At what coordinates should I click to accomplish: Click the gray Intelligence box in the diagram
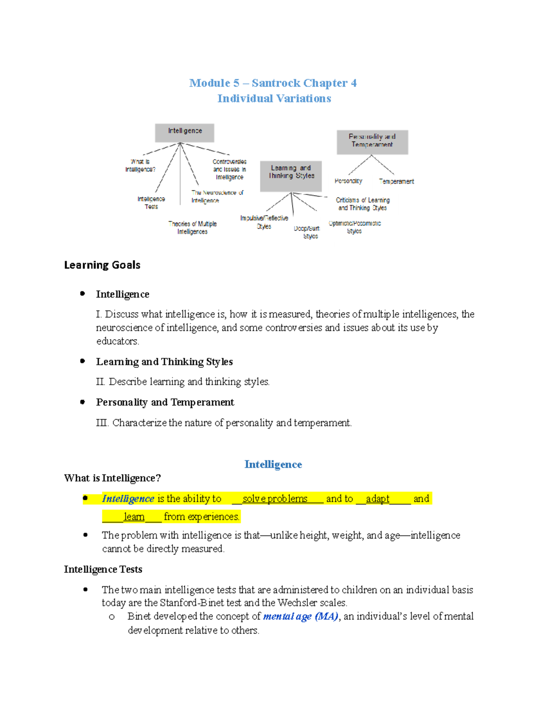point(184,132)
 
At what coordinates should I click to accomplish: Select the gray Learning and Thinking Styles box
point(291,176)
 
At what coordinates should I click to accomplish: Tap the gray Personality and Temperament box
point(372,142)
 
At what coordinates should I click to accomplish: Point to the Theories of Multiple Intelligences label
point(192,228)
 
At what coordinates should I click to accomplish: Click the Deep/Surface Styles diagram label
point(307,232)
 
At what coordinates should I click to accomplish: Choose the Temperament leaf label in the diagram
point(396,181)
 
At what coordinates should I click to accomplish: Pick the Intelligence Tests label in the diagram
point(151,203)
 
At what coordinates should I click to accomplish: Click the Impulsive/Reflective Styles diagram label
point(264,222)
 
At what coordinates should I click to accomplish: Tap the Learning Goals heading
point(102,265)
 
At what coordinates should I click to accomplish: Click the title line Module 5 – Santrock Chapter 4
point(273,83)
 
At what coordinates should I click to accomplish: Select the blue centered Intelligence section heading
point(273,464)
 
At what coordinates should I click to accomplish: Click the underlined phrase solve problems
point(275,498)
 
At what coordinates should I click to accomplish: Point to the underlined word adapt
point(378,498)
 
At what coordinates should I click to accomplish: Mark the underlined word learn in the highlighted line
point(134,517)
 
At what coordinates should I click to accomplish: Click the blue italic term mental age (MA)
point(301,616)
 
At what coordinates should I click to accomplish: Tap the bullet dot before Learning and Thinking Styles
point(82,361)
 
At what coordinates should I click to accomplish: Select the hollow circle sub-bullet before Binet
point(111,617)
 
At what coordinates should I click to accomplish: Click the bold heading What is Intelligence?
point(112,478)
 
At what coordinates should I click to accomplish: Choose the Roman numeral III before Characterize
point(102,423)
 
